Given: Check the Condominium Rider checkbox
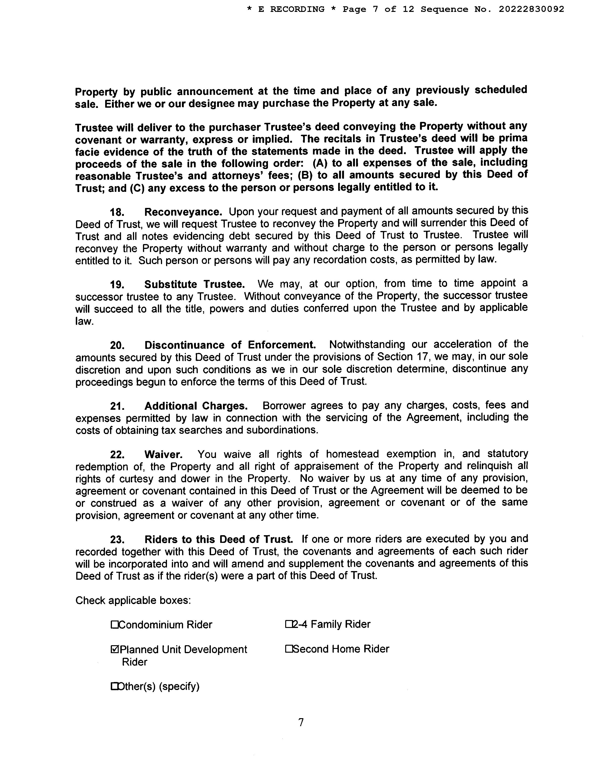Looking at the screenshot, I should [114, 625].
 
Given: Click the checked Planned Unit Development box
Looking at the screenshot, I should [114, 649].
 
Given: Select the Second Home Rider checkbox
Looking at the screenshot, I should [288, 649].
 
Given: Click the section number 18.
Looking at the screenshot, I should [117, 212].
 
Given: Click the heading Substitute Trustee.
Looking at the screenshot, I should [194, 284].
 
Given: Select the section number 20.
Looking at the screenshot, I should [117, 345].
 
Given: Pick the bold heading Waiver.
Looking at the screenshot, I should [163, 454].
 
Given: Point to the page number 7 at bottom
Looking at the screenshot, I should [301, 722].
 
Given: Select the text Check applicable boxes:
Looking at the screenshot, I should [133, 601].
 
